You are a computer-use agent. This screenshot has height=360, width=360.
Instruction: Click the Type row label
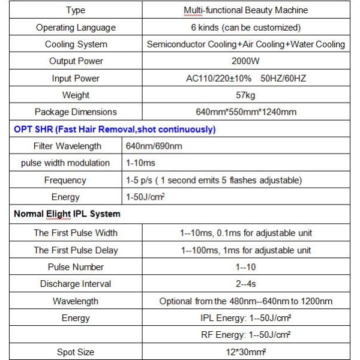[76, 10]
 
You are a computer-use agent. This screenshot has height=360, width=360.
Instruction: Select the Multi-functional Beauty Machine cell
[245, 10]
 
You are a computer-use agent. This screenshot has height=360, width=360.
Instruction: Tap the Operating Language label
[76, 28]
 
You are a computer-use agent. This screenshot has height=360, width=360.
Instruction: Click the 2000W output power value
[245, 61]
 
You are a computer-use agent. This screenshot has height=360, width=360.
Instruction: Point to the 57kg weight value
[245, 95]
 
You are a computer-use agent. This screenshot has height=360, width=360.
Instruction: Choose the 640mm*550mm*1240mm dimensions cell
[245, 112]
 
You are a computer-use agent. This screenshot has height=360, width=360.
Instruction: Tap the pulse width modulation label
[65, 163]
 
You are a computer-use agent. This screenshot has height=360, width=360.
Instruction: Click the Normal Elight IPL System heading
[67, 214]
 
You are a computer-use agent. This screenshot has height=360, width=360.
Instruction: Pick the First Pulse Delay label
[76, 250]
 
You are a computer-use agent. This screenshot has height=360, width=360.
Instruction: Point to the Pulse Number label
[76, 267]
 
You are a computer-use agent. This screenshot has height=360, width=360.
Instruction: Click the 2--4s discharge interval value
[245, 284]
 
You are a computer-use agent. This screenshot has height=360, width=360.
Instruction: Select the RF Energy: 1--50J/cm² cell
[245, 335]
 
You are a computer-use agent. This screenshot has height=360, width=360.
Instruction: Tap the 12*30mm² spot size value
[245, 352]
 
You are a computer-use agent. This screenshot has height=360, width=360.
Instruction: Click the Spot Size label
[76, 352]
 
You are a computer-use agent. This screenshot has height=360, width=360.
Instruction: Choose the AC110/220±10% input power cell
[245, 79]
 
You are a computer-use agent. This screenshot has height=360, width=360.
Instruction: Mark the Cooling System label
[76, 44]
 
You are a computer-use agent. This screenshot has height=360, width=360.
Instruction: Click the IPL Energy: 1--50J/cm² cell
[245, 318]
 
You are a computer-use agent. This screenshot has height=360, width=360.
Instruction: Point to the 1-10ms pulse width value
[139, 163]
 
